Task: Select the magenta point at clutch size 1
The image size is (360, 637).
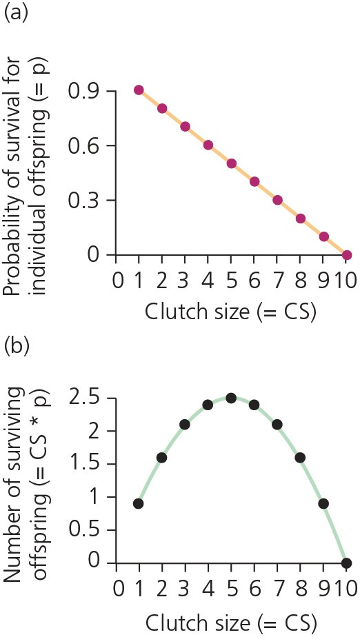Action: click(139, 90)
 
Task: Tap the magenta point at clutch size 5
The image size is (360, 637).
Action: click(231, 163)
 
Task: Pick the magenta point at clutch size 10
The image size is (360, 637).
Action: click(347, 255)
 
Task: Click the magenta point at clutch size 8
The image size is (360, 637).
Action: click(301, 219)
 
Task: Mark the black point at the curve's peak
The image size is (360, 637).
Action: click(231, 398)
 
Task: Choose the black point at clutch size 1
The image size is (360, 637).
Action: click(139, 503)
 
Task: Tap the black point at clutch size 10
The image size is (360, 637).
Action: click(346, 563)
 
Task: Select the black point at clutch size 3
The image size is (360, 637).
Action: click(185, 425)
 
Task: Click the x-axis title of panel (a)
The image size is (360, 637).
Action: click(231, 311)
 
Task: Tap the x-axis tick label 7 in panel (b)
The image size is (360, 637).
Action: click(277, 590)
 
